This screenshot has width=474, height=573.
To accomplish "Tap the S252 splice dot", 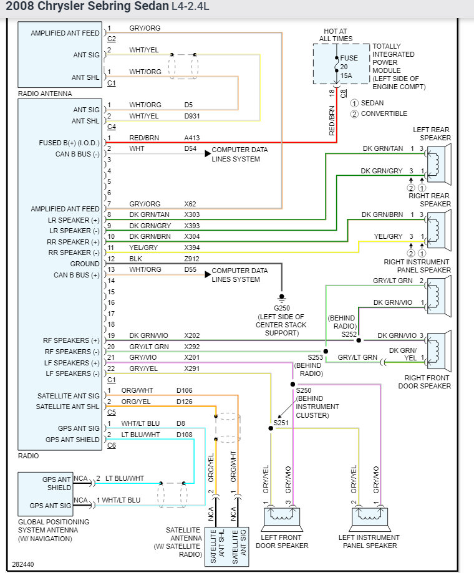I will (x=359, y=340).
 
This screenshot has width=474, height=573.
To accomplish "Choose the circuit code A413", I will (x=193, y=138).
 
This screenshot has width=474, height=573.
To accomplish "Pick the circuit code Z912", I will (x=193, y=259).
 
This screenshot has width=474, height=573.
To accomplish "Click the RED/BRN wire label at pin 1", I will (x=143, y=138).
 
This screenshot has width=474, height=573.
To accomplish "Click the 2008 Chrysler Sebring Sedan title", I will (x=87, y=7).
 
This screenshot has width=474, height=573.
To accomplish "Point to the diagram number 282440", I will (x=22, y=564).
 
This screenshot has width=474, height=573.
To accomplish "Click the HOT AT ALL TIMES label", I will (x=336, y=35).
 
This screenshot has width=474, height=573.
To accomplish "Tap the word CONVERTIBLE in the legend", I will (x=384, y=113).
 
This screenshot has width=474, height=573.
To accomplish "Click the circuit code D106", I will (x=185, y=391).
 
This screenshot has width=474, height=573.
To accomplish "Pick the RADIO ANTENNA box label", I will (x=45, y=94).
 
